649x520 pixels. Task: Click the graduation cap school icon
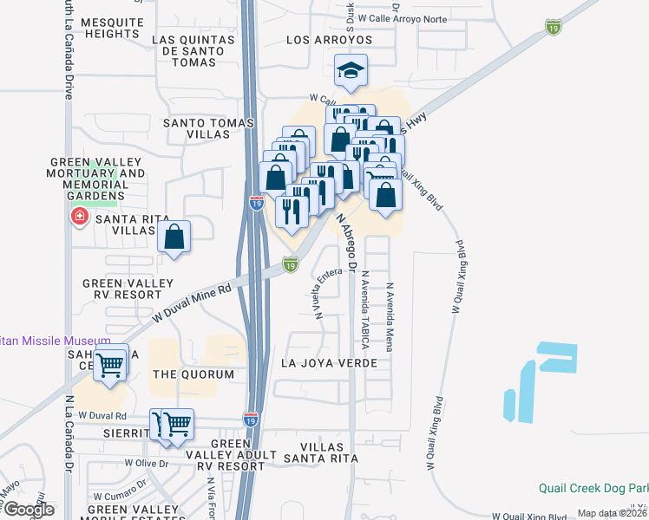pyautogui.click(x=351, y=72)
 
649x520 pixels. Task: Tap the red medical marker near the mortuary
pyautogui.click(x=80, y=215)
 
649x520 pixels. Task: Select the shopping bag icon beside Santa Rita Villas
pyautogui.click(x=174, y=236)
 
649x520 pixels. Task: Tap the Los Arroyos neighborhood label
pyautogui.click(x=329, y=40)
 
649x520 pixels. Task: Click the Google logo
pyautogui.click(x=29, y=509)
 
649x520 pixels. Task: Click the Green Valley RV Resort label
pyautogui.click(x=122, y=289)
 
